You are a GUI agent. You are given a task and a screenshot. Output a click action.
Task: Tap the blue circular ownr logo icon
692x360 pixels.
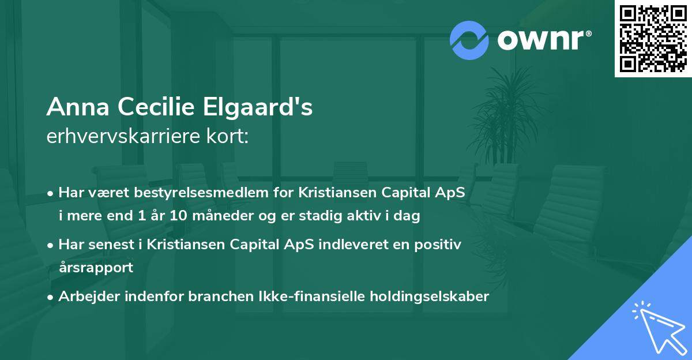point(469,40)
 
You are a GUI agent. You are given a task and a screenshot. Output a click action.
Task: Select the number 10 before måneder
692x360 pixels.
point(163,216)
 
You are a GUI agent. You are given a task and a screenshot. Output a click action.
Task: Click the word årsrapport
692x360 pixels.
point(96,267)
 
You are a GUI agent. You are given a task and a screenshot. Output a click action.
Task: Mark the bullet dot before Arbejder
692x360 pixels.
point(51,297)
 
